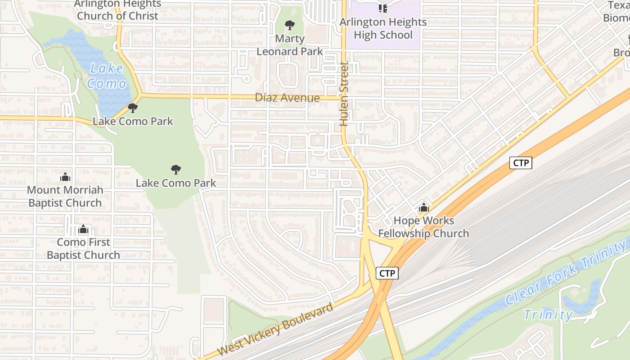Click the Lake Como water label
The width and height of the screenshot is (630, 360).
(107, 76)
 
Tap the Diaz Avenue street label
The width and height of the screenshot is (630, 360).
(287, 98)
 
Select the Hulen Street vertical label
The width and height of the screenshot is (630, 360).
(345, 93)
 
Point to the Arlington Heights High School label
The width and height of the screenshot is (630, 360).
(383, 28)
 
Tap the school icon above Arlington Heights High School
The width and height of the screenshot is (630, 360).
(383, 8)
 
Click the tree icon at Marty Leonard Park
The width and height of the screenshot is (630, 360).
(290, 25)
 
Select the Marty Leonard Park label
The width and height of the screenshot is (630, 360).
(290, 45)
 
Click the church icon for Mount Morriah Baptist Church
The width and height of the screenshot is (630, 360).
(65, 177)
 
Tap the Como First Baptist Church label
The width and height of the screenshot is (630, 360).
(83, 248)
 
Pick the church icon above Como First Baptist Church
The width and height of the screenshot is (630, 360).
(83, 229)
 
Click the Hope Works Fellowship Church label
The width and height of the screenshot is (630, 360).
(423, 227)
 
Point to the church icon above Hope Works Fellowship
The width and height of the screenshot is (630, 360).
(423, 208)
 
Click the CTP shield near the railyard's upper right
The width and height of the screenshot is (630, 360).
(521, 163)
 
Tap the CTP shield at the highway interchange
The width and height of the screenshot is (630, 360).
(387, 273)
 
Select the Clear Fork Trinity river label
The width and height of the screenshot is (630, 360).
(566, 273)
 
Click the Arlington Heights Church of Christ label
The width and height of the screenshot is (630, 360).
(117, 10)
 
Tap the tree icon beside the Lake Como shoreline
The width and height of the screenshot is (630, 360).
(132, 108)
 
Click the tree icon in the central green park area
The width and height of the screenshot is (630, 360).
(176, 170)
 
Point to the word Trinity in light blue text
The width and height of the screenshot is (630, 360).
(548, 315)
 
